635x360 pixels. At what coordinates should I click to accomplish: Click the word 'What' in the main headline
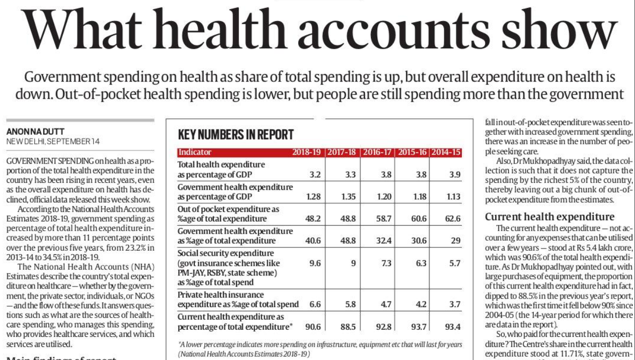(82, 29)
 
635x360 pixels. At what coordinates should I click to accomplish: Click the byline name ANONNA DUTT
(35, 131)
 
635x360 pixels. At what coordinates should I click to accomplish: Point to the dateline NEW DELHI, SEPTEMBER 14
(53, 141)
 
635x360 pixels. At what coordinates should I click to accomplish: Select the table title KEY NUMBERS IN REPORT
(235, 134)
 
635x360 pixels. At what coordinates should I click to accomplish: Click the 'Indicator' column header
(195, 152)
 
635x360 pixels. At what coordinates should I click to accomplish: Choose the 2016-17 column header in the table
(377, 153)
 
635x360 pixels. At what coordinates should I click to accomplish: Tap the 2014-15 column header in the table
(446, 153)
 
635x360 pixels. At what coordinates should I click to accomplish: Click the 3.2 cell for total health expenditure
(315, 175)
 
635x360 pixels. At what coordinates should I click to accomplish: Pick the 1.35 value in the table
(348, 196)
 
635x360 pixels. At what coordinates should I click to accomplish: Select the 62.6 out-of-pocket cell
(453, 219)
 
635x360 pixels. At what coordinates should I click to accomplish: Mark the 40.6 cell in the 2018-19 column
(313, 241)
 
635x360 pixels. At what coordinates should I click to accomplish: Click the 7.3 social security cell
(386, 263)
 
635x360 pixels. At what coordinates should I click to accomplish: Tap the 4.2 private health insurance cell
(421, 305)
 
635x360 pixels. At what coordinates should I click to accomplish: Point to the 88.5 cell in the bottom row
(348, 327)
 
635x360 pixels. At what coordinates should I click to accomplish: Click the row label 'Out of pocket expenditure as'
(228, 209)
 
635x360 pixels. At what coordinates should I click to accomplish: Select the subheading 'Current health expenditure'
(549, 217)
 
